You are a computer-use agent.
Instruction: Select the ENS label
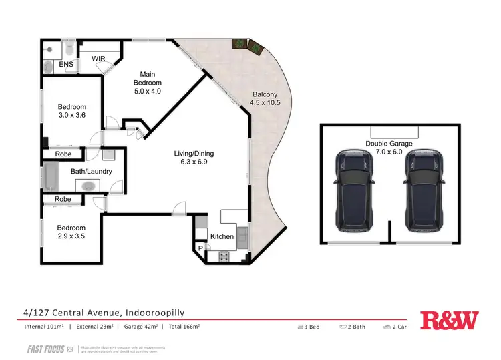point(65,64)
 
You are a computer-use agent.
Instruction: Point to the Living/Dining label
point(189,158)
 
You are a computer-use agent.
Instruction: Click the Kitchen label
point(221,236)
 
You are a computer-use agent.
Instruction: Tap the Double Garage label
point(388,148)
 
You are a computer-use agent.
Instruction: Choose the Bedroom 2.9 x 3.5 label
point(71,231)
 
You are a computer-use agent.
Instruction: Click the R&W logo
point(449,321)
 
